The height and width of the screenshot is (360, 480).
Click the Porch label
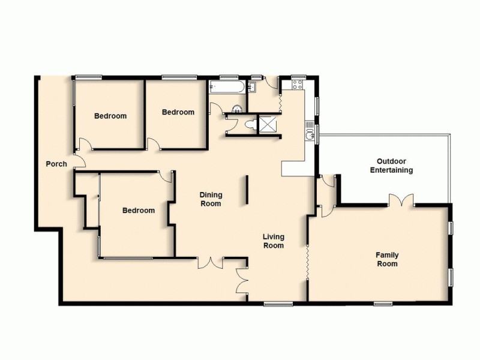tap(56, 164)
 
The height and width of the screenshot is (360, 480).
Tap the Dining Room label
tap(211, 199)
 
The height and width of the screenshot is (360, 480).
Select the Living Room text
tap(273, 241)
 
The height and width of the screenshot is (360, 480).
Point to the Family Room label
tap(387, 259)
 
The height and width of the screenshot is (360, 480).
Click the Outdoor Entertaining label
tap(395, 166)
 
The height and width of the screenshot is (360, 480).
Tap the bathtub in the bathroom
tap(227, 88)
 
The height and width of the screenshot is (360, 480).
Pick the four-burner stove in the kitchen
tap(297, 86)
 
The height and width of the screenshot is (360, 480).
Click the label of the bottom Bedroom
tap(139, 211)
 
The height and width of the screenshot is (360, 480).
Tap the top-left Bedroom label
tap(110, 116)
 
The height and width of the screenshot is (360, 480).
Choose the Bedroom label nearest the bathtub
tap(178, 112)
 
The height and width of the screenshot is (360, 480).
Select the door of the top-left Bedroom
tap(86, 146)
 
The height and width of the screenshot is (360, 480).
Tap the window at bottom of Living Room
tap(278, 304)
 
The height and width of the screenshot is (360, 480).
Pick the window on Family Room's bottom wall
tap(383, 304)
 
